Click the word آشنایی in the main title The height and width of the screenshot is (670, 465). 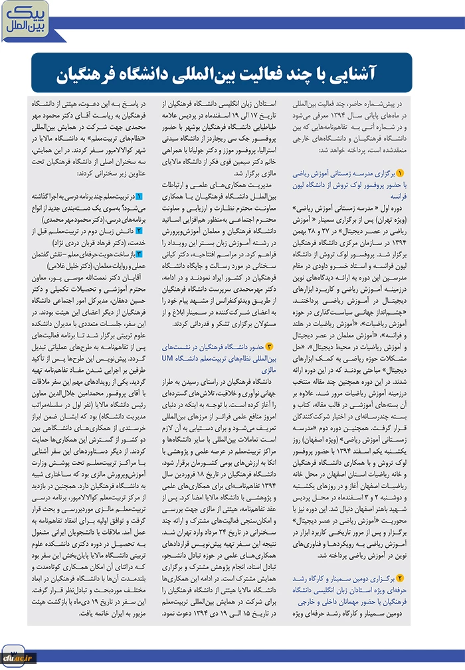pos(389,73)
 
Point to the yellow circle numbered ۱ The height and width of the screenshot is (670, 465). pos(418,173)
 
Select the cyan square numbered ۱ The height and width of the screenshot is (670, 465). pos(138,197)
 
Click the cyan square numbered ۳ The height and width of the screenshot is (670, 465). pos(138,255)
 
